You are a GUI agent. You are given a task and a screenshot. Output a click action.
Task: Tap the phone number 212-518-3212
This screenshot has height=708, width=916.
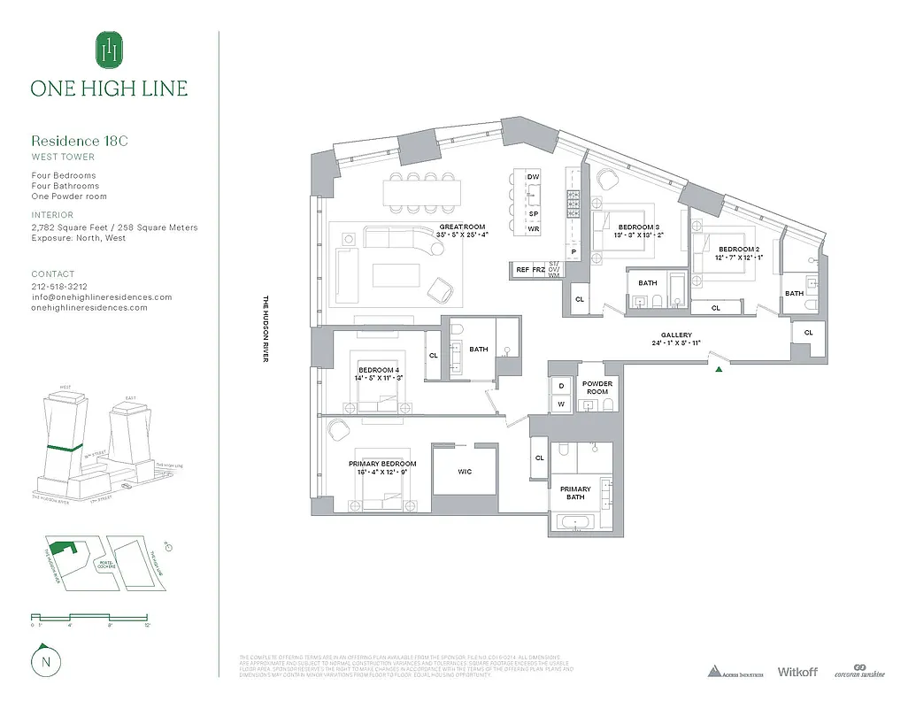[x=59, y=287]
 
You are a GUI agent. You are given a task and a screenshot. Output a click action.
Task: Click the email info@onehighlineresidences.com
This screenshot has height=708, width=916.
[x=101, y=297]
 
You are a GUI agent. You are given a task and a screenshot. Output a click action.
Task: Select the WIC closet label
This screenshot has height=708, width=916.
[x=465, y=472]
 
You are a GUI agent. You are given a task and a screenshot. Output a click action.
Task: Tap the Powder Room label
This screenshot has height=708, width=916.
[x=597, y=388]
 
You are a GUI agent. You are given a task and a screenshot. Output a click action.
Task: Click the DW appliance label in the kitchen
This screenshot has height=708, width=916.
[x=533, y=177]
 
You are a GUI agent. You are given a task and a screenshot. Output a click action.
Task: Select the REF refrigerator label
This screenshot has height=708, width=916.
[x=522, y=269]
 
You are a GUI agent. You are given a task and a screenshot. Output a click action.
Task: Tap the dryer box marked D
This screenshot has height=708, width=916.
[x=561, y=386]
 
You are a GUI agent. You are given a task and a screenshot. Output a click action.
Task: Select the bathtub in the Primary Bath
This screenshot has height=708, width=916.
[x=574, y=521]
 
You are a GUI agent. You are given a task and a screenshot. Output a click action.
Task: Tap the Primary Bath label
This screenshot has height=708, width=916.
[x=575, y=493]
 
